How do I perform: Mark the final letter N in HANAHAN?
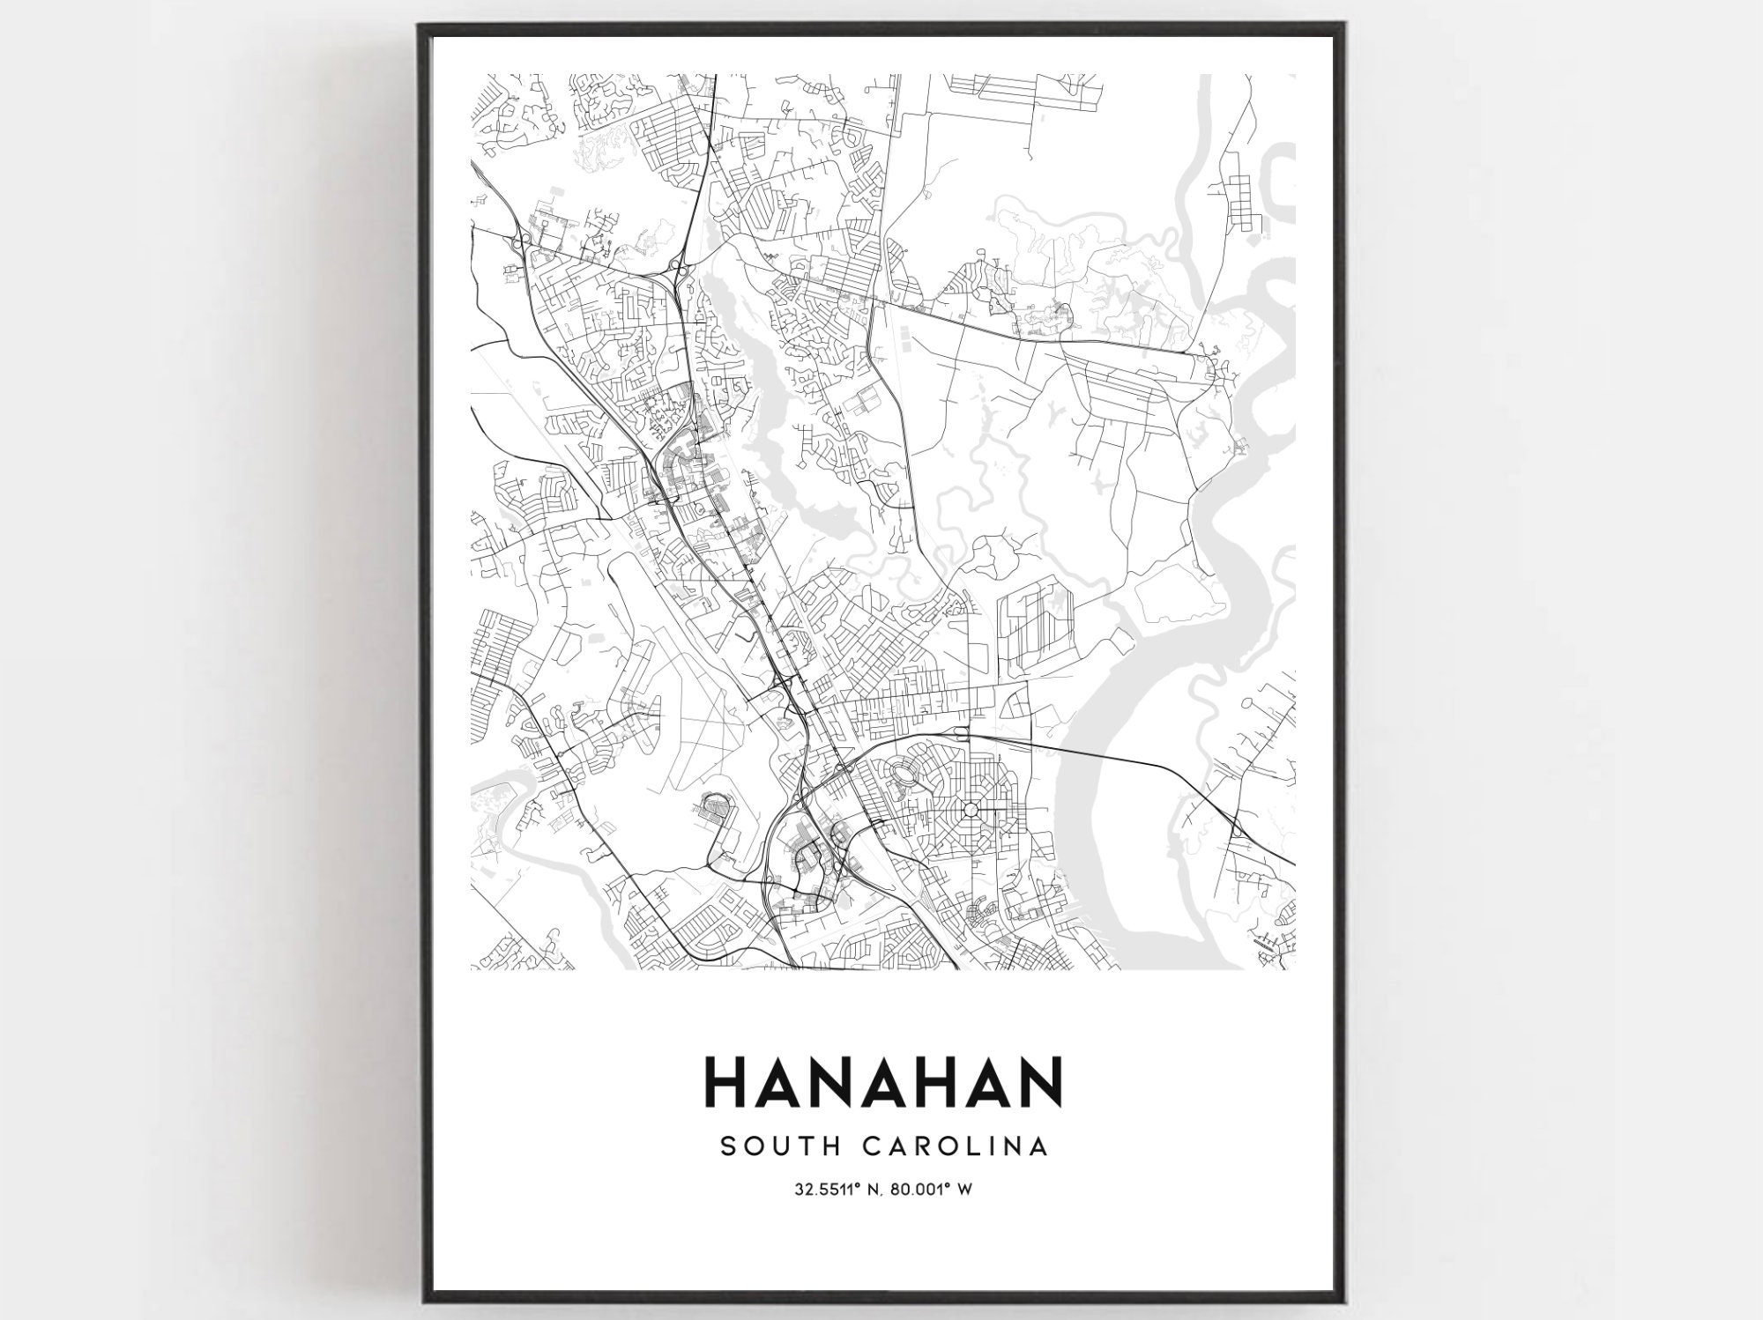(x=1043, y=1083)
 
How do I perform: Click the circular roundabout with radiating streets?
(x=971, y=810)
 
